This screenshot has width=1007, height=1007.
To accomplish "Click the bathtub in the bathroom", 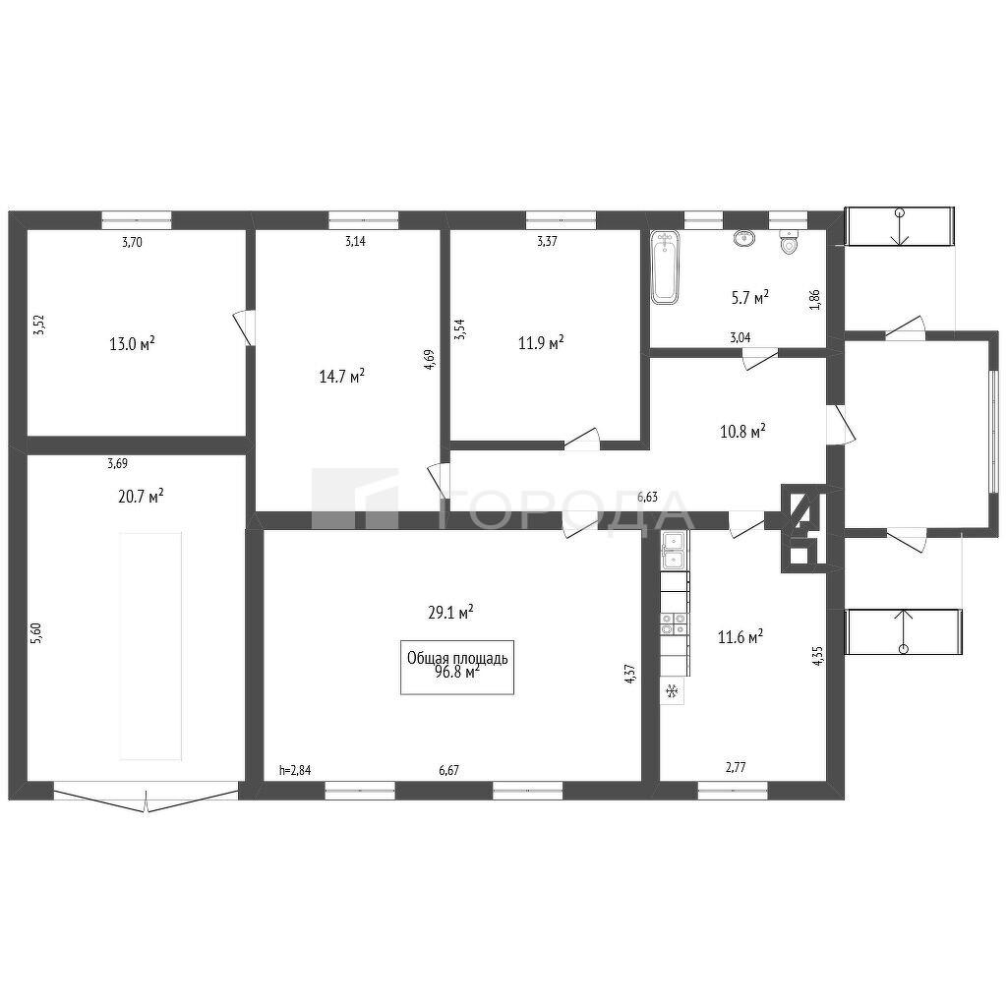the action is (x=665, y=267).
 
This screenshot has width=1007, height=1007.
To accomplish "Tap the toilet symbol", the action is (x=790, y=243).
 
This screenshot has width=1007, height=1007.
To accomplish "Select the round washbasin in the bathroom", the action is (x=745, y=238).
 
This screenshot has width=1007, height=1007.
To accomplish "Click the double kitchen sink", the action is (x=674, y=551).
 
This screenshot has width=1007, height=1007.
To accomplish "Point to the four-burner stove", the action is (x=675, y=624).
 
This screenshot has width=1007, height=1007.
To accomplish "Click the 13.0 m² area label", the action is (x=133, y=343).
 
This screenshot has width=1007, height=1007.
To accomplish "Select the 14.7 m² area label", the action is (x=342, y=376).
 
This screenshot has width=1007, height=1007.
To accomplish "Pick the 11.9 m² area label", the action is (x=542, y=342).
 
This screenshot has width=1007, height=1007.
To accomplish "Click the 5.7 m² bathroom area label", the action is (x=750, y=297).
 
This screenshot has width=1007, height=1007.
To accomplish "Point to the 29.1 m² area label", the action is (x=450, y=612).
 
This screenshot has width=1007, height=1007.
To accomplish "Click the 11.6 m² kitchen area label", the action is (x=740, y=637).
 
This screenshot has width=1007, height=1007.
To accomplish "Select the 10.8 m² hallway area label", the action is (x=743, y=431).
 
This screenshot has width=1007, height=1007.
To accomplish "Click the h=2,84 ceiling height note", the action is (x=295, y=770).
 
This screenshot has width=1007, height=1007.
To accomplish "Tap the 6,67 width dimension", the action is (x=448, y=770).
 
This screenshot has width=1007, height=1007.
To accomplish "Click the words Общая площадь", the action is (x=457, y=658).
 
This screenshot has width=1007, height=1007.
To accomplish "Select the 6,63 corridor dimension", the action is (x=647, y=497).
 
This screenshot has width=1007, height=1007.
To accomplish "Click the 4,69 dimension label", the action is (x=430, y=358).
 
